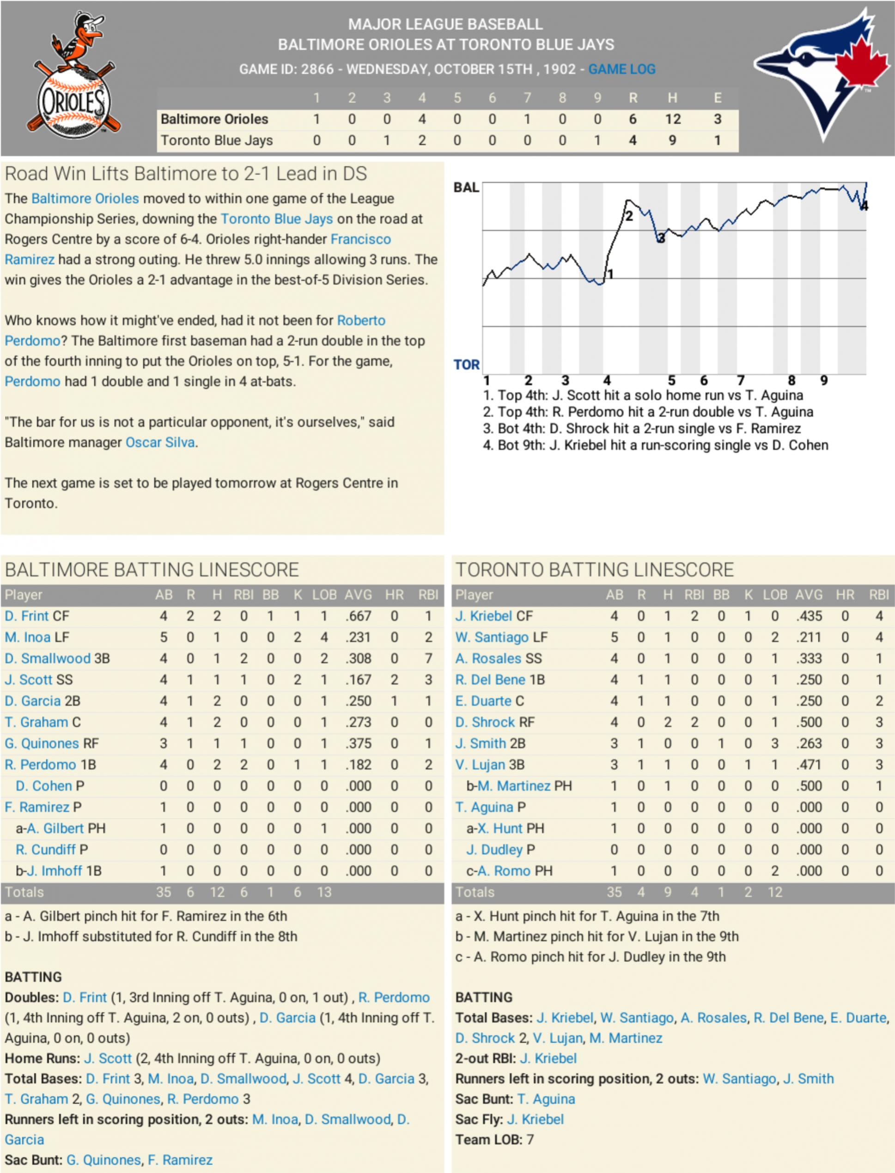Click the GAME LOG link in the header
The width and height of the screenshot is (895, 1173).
click(x=622, y=69)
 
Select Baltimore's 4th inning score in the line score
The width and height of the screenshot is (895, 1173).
click(x=422, y=119)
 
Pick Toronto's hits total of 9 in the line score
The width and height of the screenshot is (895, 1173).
click(x=672, y=140)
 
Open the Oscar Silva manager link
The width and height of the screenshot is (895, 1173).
click(x=160, y=443)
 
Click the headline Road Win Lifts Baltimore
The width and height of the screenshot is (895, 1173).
click(x=185, y=174)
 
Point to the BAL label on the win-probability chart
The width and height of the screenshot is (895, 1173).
click(x=466, y=188)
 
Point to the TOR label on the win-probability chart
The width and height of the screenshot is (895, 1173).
click(x=466, y=365)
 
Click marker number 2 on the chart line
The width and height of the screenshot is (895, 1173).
click(x=629, y=216)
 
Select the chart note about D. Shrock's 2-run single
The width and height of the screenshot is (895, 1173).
click(x=641, y=429)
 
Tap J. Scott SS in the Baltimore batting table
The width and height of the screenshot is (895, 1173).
click(x=38, y=680)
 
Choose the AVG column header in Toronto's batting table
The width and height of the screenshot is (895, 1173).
click(x=809, y=595)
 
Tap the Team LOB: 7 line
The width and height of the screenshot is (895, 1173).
click(x=494, y=1140)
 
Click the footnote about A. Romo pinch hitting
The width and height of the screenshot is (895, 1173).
click(x=590, y=957)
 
